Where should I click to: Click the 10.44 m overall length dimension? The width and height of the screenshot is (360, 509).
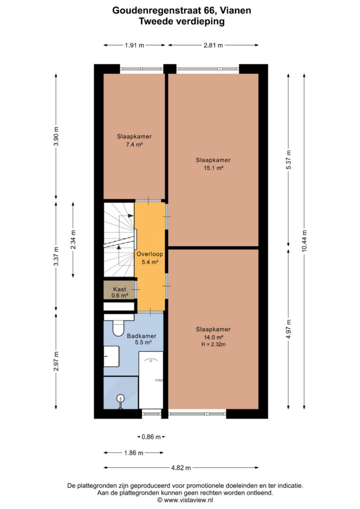click(304, 241)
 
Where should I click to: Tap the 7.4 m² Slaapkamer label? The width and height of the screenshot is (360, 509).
click(134, 140)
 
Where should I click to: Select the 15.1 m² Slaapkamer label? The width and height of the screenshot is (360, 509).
click(213, 164)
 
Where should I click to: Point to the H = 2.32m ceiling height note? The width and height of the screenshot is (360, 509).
click(213, 344)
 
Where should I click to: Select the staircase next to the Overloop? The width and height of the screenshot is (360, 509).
click(119, 240)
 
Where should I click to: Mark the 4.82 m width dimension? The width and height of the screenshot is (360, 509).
click(181, 468)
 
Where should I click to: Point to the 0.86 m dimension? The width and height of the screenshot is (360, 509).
click(151, 437)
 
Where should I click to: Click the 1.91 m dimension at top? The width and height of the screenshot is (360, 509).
click(134, 45)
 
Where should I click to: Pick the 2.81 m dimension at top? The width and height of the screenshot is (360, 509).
click(213, 45)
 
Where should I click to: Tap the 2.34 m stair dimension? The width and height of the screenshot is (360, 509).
click(73, 240)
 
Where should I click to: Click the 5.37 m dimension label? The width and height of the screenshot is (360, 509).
click(288, 160)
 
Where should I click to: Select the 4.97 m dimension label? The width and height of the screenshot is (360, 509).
click(288, 329)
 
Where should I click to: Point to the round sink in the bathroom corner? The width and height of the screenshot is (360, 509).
click(120, 398)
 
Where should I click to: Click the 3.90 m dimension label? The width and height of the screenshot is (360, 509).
click(56, 136)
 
